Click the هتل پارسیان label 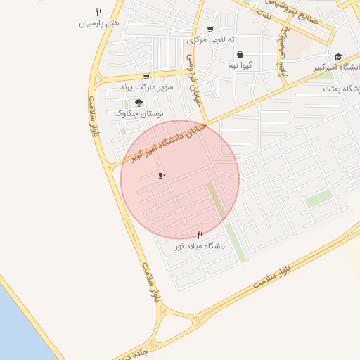point(98,23)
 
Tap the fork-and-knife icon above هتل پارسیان point(98,12)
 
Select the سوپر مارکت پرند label point(146,86)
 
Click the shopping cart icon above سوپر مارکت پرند point(146,77)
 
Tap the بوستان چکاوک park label point(139,112)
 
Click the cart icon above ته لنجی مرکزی point(210,30)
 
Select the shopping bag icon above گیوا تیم point(240,55)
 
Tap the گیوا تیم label point(240,65)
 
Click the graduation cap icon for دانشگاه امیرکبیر point(338,56)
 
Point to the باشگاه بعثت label point(342,89)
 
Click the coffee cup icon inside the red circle point(161,175)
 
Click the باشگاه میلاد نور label point(200,247)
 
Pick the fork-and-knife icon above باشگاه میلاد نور point(200,236)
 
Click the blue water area point(18,330)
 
